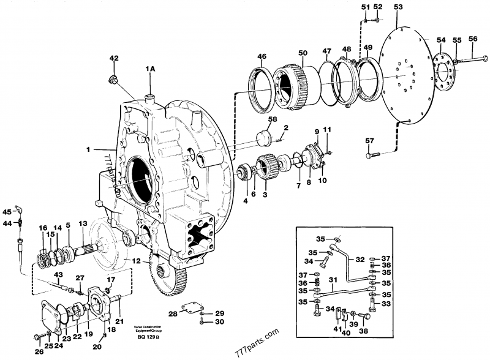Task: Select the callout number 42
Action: pyautogui.click(x=113, y=58)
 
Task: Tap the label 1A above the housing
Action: pyautogui.click(x=150, y=70)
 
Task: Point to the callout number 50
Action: pyautogui.click(x=302, y=53)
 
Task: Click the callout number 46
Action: pyautogui.click(x=262, y=57)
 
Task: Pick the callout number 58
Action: pyautogui.click(x=272, y=119)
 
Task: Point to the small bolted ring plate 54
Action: pyautogui.click(x=442, y=70)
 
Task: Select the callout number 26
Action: pyautogui.click(x=39, y=351)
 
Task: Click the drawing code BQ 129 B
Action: pyautogui.click(x=145, y=337)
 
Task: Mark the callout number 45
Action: pyautogui.click(x=7, y=212)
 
